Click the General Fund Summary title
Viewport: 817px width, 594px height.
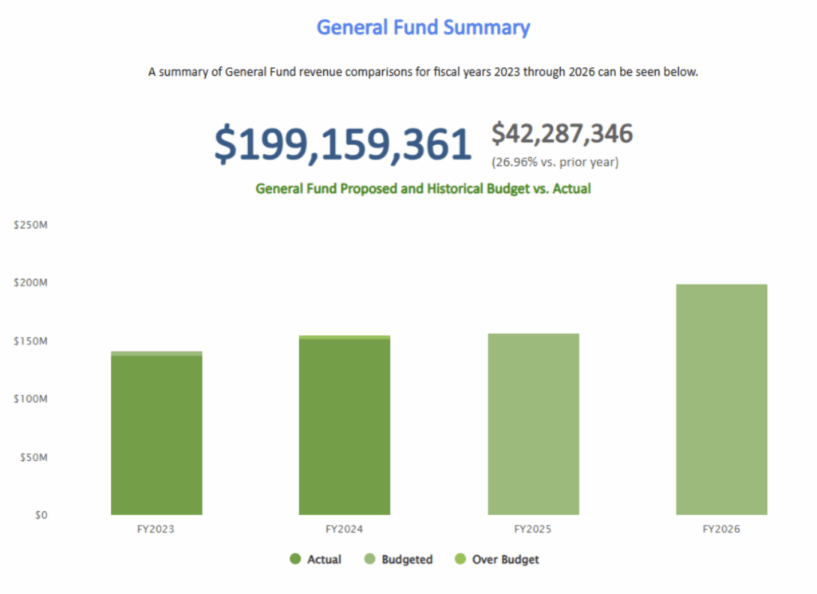click(x=423, y=27)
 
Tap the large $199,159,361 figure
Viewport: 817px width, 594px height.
click(x=343, y=145)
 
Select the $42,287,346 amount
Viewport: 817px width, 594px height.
click(x=562, y=134)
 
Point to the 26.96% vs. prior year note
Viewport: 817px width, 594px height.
click(x=555, y=162)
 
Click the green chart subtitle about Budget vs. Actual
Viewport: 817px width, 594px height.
click(x=423, y=189)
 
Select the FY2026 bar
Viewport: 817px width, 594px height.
click(x=721, y=399)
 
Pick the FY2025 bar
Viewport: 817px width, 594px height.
click(x=533, y=423)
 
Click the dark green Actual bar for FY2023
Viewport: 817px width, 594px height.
click(x=156, y=435)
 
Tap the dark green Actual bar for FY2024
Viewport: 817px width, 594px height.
click(x=345, y=427)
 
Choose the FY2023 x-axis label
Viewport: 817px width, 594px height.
click(x=156, y=529)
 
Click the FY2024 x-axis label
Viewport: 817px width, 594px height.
click(x=345, y=529)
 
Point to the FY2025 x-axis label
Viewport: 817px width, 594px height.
click(x=533, y=529)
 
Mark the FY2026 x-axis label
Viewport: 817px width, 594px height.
click(x=721, y=529)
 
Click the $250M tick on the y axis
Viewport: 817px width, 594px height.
click(x=32, y=225)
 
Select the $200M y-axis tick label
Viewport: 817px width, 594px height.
click(x=32, y=283)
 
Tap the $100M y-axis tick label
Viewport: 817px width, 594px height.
click(x=32, y=399)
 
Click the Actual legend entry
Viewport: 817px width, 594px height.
click(x=316, y=560)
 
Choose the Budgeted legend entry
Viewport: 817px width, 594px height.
click(x=398, y=560)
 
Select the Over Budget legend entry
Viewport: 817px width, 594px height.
click(x=496, y=560)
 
